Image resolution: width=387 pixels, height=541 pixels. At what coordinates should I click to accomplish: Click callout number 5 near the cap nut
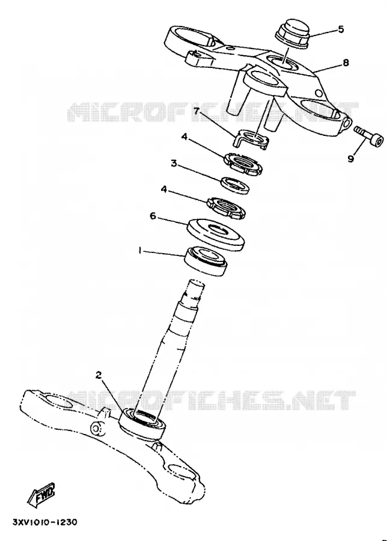point(341,29)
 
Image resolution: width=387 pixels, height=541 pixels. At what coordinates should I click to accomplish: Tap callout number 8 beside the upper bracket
point(346,63)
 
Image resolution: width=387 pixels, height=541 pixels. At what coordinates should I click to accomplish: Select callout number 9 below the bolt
point(351,159)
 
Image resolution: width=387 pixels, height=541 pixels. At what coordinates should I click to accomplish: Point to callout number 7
point(197,111)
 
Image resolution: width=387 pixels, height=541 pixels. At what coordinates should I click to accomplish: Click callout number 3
point(174,163)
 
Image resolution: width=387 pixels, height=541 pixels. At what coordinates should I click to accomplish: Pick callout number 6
point(153,216)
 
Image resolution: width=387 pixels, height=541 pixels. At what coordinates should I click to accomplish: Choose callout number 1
point(139,251)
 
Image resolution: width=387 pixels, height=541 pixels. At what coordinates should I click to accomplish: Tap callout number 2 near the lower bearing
point(99,375)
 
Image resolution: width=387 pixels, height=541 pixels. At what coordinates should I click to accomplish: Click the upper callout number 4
point(184,137)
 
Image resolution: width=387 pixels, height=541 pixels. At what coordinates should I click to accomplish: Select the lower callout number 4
point(165,189)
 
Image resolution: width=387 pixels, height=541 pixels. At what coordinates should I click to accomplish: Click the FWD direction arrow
point(41,494)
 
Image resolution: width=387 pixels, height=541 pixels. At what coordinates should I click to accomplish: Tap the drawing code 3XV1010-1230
point(45,522)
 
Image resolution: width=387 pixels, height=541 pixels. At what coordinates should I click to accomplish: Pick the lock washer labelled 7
point(251,139)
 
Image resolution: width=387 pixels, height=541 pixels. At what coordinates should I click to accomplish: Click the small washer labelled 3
point(235,185)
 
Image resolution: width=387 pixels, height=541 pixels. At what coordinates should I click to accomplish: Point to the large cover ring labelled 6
point(216,234)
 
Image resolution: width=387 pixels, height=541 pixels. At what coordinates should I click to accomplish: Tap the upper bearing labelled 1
point(206,260)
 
